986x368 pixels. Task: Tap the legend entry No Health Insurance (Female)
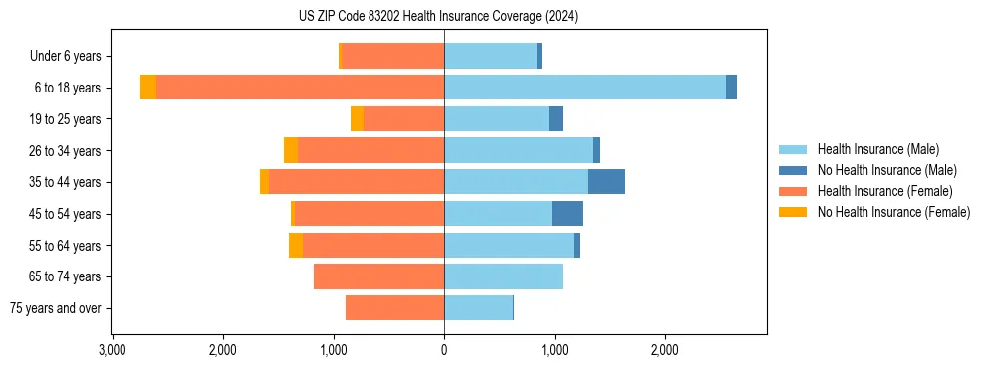click(x=893, y=212)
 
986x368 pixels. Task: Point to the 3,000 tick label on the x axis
click(x=113, y=349)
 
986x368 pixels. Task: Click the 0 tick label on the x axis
click(x=444, y=349)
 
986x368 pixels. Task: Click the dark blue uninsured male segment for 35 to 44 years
click(x=607, y=182)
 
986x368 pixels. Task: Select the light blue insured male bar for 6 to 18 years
click(x=585, y=88)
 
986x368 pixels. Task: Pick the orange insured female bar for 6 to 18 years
click(x=300, y=88)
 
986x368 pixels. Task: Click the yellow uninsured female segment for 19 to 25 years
click(x=357, y=119)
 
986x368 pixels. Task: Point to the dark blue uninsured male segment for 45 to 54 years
click(x=567, y=214)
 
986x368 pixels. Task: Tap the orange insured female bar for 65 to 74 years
click(x=378, y=276)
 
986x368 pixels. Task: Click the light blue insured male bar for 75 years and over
click(x=478, y=308)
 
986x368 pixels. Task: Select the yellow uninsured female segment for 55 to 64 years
click(x=296, y=246)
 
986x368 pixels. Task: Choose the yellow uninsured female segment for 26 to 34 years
click(x=291, y=151)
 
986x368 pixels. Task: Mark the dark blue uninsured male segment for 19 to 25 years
click(x=556, y=119)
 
